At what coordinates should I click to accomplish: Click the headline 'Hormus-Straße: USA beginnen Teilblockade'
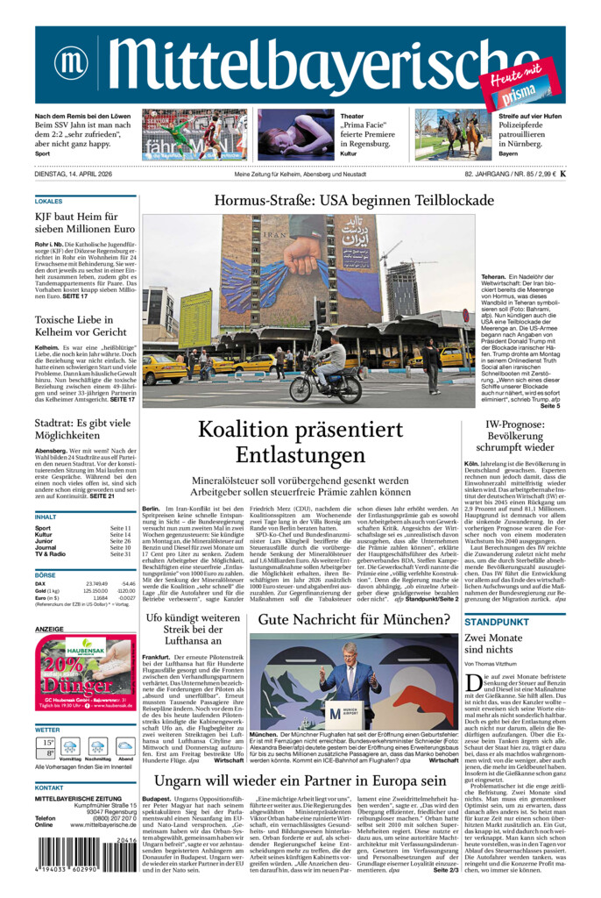pos(354,201)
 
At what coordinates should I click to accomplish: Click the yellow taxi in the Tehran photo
pos(165,368)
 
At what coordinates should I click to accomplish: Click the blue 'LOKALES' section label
pos(49,202)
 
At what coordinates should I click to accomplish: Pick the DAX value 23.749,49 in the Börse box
pos(96,583)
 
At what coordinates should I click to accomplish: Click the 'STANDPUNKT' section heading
pos(496,622)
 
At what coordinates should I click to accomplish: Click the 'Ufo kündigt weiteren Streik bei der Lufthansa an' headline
pos(192,629)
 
